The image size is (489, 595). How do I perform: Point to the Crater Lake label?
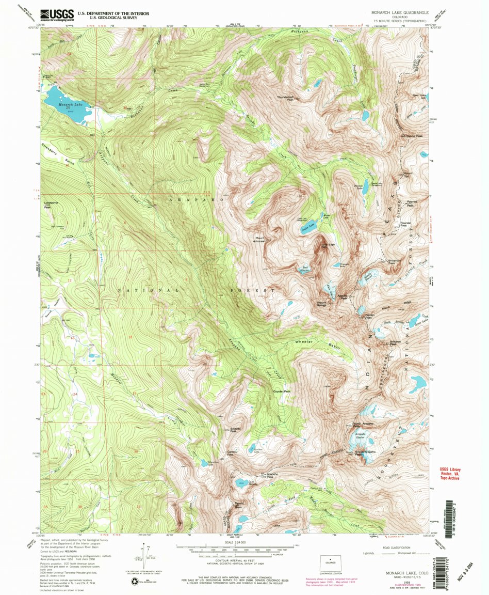tap(307, 226)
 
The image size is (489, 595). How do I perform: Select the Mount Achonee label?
tap(259, 240)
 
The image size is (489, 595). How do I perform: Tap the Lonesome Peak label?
tap(51, 204)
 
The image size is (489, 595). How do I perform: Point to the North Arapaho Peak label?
tap(364, 425)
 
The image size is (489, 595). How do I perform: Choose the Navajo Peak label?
tap(365, 316)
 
